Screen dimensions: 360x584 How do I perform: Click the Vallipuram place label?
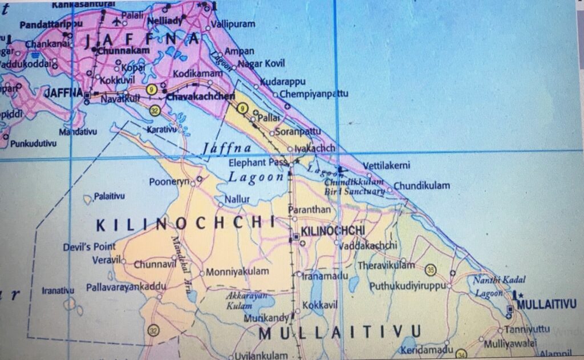coord(233,25)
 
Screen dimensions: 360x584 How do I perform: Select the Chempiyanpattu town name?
coord(314,94)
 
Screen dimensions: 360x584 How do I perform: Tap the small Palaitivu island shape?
coord(87,199)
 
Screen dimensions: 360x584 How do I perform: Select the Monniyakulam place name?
coord(237,272)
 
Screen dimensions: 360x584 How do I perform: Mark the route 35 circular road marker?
coord(431,269)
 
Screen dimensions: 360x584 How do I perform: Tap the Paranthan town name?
coord(310,210)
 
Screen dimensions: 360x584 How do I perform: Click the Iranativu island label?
coord(58,290)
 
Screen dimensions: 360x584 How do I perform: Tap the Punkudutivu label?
coord(34,144)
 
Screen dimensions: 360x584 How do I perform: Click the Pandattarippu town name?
coord(52,25)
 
